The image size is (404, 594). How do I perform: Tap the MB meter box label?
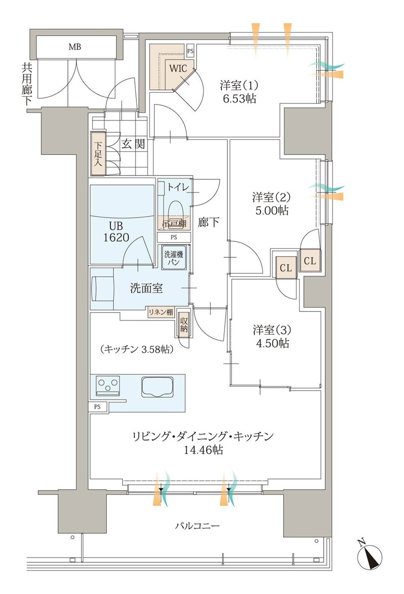click(x=75, y=47)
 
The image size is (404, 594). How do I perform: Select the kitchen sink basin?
click(x=158, y=386)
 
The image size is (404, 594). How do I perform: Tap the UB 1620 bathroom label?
click(x=116, y=232)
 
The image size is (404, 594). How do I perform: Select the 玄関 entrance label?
click(x=133, y=144)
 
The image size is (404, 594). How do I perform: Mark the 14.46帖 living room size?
click(x=203, y=450)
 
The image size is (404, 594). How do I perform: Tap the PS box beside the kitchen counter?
click(x=97, y=407)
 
